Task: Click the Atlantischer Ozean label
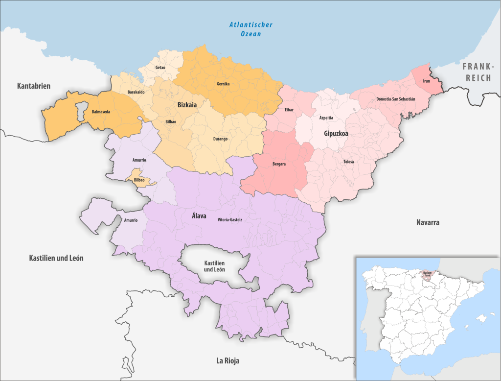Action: pos(251,29)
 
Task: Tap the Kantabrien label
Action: pos(34,86)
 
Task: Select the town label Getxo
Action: pos(160,67)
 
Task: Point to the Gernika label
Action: pos(223,84)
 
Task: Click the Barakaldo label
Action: pos(136,92)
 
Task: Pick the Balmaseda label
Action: pos(100,112)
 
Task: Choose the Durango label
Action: pos(220,139)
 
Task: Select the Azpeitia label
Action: pos(326,118)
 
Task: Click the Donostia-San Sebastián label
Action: pos(396,99)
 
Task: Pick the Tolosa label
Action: pos(348,162)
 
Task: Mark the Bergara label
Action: pos(279,164)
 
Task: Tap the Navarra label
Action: pos(428,222)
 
